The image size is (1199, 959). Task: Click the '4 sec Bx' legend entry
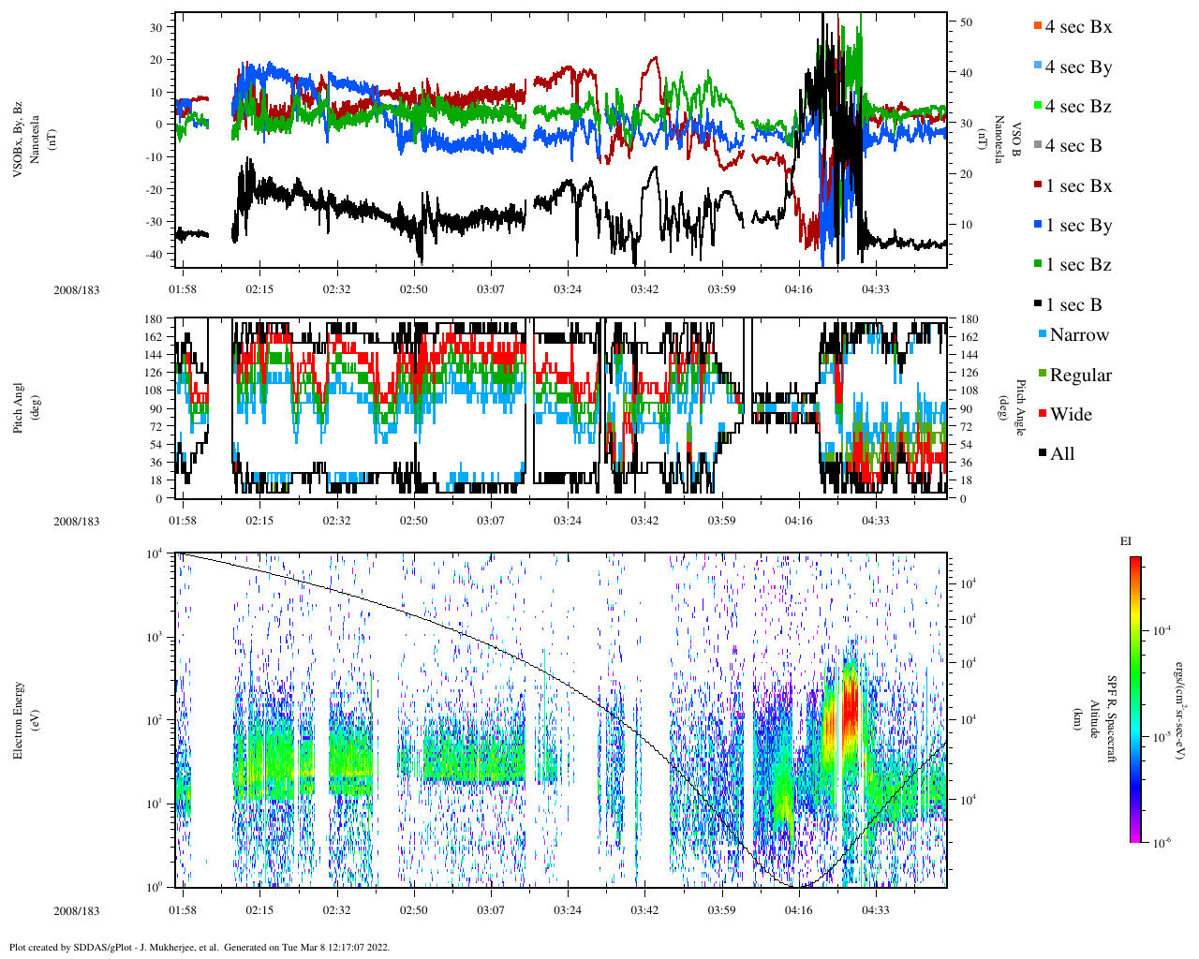(x=1077, y=27)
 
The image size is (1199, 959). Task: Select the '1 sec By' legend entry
(x=1077, y=226)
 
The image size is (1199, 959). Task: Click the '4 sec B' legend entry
(x=1073, y=146)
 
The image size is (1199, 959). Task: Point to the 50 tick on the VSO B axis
(x=966, y=22)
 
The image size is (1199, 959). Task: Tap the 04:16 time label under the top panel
(x=798, y=289)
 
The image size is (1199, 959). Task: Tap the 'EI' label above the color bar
(x=1126, y=541)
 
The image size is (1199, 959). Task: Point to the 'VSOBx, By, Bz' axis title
(x=19, y=140)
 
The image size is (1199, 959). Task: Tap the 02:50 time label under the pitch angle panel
(x=413, y=521)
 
